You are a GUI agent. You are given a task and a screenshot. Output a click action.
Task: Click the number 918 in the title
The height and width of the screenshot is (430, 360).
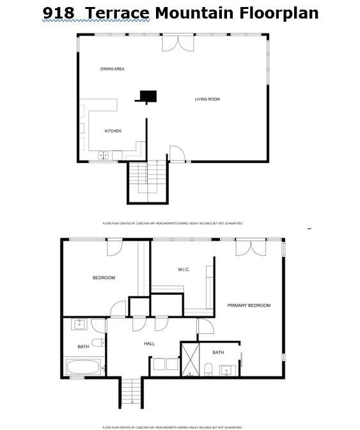tap(58, 13)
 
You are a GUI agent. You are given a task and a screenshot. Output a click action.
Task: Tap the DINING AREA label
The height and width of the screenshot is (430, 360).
tap(112, 68)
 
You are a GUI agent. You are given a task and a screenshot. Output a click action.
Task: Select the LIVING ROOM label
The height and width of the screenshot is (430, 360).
tap(207, 99)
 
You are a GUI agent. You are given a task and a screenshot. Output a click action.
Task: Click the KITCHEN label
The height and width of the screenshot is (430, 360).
tap(113, 131)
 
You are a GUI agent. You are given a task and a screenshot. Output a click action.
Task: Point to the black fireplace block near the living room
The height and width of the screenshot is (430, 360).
tap(148, 96)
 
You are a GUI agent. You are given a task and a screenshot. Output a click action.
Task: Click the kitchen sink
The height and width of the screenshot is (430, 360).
tap(103, 155)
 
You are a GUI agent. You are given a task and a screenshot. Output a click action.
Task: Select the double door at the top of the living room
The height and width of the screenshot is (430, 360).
tap(177, 42)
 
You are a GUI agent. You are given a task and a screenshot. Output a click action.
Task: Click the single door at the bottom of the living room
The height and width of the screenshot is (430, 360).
tap(176, 154)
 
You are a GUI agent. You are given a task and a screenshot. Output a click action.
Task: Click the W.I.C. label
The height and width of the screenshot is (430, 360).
tap(184, 269)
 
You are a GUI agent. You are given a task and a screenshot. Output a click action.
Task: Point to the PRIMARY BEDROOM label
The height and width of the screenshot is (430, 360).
tap(249, 305)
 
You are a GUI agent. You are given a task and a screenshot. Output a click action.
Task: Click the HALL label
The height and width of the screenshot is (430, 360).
tap(149, 344)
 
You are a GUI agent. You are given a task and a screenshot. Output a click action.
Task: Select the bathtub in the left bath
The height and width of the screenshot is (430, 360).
tap(82, 367)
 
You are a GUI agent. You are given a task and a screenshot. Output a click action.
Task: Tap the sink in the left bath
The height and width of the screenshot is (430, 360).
tap(79, 324)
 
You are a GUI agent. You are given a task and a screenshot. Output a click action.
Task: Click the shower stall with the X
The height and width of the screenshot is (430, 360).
tap(191, 359)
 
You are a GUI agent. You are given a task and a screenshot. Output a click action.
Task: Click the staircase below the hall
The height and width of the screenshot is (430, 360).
tap(130, 392)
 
